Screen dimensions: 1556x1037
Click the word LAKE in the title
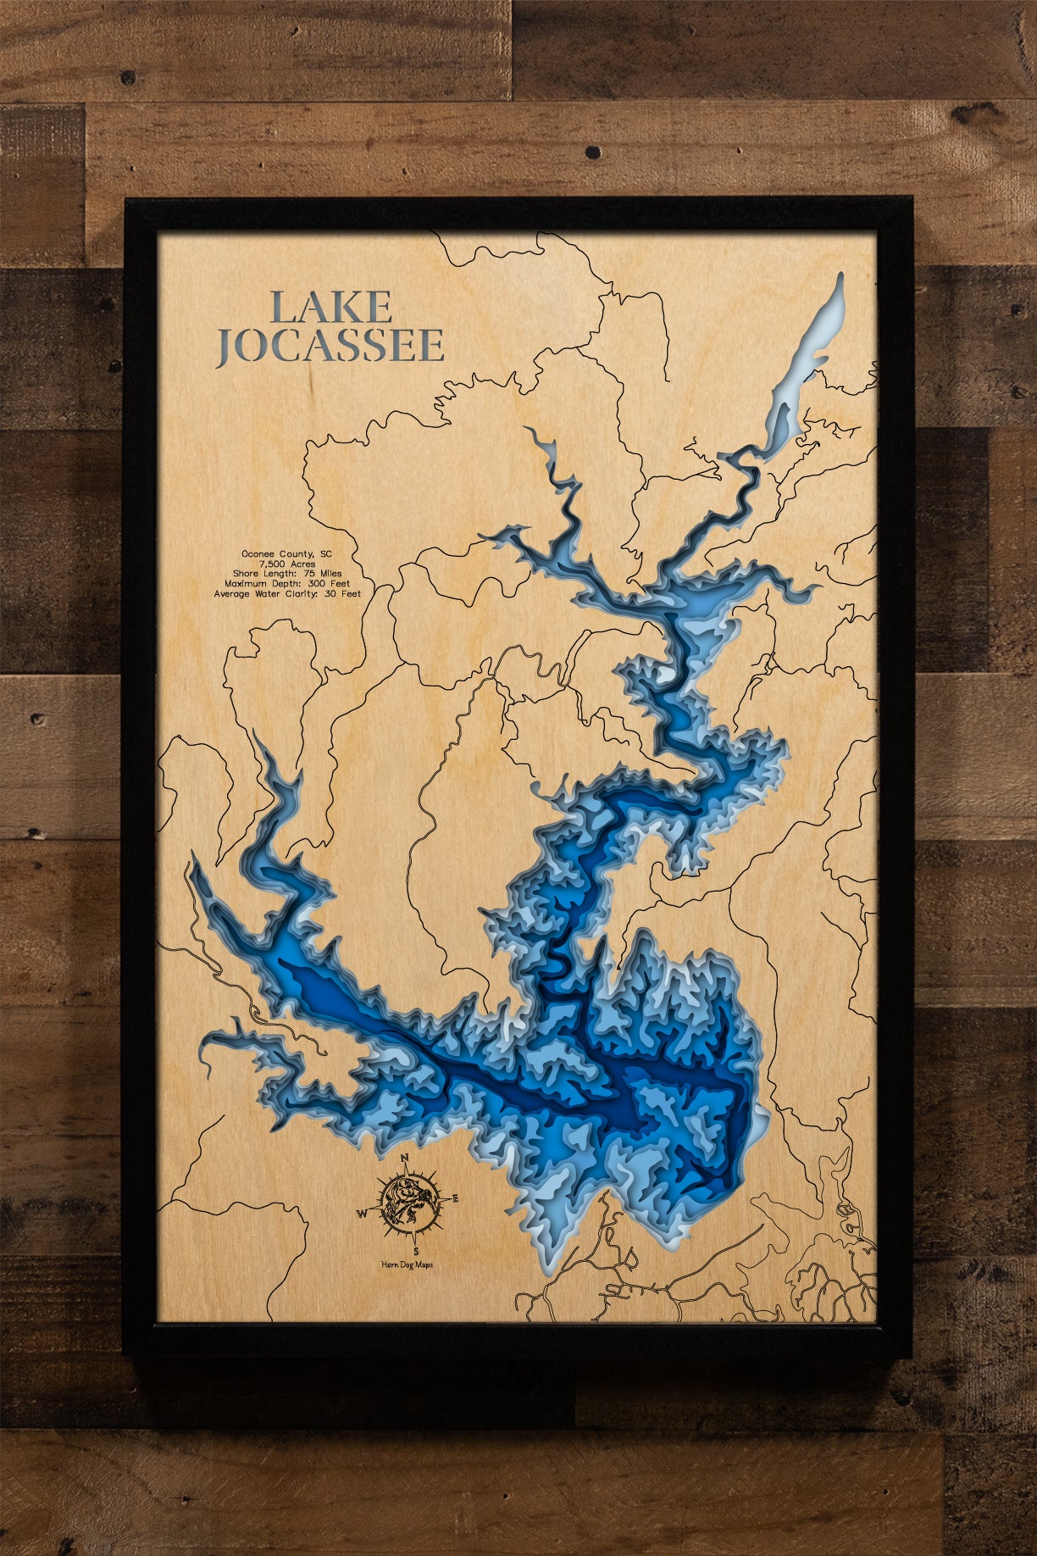[x=330, y=307]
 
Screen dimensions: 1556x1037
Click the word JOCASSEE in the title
[x=330, y=346]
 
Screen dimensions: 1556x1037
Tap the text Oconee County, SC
[x=286, y=554]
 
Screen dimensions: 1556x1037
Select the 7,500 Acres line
[x=287, y=564]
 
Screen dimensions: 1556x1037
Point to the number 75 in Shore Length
[x=309, y=574]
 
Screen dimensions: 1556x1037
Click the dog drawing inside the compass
[x=410, y=1204]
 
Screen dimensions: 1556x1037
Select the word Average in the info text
[x=231, y=594]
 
